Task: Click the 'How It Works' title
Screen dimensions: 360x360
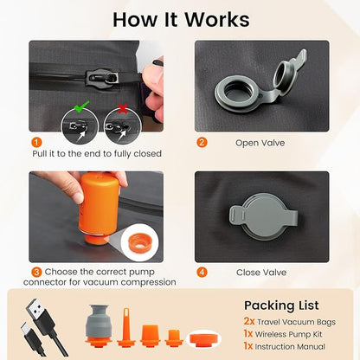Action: [181, 20]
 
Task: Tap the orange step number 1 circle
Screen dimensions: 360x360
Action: [37, 142]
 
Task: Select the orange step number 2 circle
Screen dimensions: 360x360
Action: [202, 143]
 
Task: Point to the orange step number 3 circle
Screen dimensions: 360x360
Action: [36, 272]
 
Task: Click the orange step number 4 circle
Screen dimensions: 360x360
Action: [202, 272]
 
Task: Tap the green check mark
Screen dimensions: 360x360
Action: [81, 106]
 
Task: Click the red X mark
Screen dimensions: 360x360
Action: [123, 109]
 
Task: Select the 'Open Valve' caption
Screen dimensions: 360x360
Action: [260, 143]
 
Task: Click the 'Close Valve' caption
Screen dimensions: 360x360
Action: [261, 273]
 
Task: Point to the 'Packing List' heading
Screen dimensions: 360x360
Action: [281, 305]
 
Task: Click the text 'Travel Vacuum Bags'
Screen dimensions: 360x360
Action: [296, 322]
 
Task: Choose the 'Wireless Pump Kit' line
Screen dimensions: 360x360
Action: [288, 334]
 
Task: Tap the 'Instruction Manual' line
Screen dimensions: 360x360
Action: [290, 346]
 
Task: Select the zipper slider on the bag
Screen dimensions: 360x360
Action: [102, 77]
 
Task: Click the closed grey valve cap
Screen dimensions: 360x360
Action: [263, 216]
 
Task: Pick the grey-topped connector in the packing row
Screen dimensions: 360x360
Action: [99, 325]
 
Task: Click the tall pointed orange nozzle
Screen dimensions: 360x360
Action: [126, 327]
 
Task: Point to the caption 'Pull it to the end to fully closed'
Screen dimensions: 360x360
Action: [97, 154]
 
